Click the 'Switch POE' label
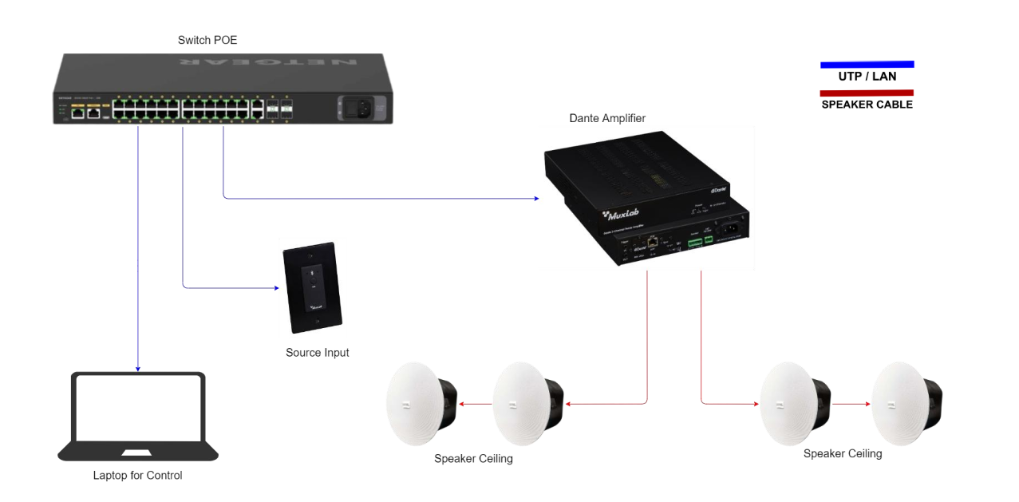click(x=207, y=40)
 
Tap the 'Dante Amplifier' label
click(x=607, y=118)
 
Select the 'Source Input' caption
click(x=317, y=353)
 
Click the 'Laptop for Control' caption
click(x=137, y=476)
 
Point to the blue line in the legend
click(x=867, y=64)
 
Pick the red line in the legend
click(x=867, y=93)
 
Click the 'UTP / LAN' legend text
click(x=867, y=77)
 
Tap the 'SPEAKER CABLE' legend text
click(x=867, y=105)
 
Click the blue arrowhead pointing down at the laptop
click(x=138, y=369)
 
